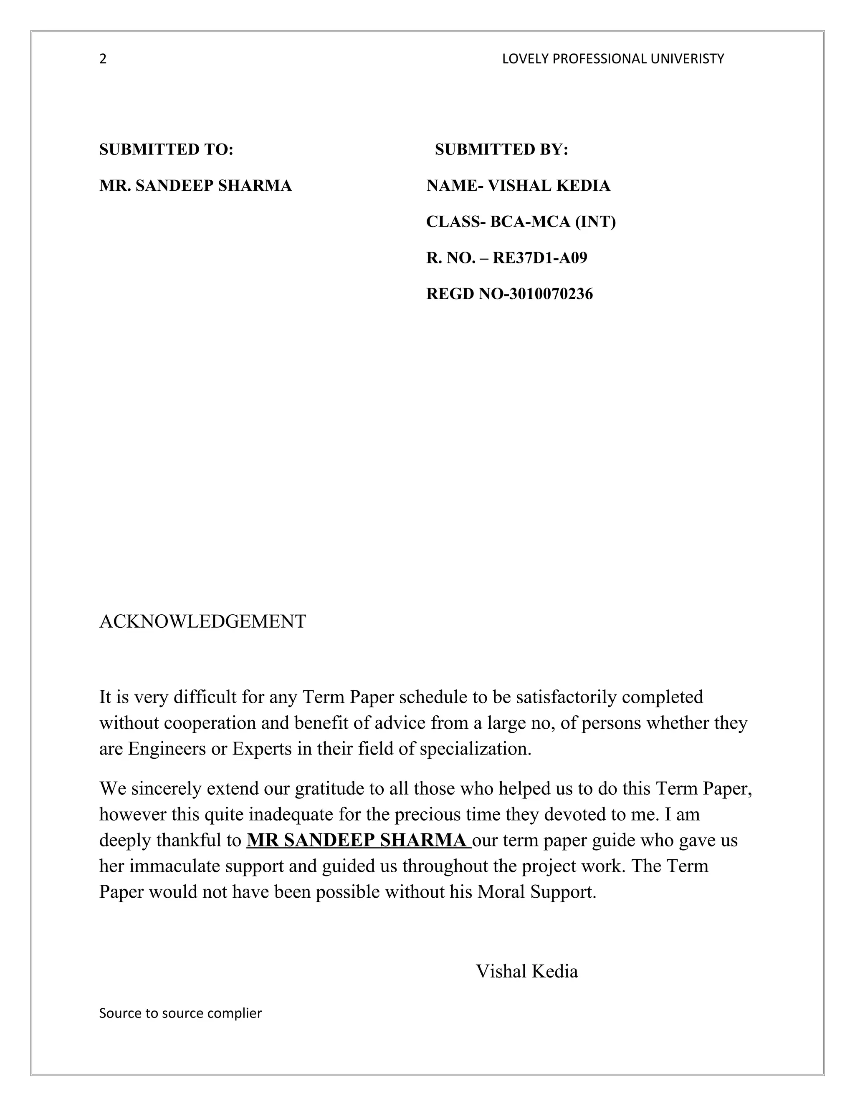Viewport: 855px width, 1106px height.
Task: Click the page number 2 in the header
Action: tap(103, 59)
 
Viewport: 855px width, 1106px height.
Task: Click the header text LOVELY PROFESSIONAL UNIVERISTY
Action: tap(613, 59)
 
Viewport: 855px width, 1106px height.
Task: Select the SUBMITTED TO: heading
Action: tap(166, 149)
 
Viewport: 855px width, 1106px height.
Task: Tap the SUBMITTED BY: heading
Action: tap(501, 149)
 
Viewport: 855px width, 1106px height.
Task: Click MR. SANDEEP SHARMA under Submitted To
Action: tap(195, 186)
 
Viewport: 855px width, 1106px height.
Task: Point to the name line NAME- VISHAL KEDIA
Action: tap(518, 186)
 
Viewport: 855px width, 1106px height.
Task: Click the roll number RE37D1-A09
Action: tap(540, 258)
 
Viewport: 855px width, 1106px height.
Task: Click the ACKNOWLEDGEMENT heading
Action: tap(202, 621)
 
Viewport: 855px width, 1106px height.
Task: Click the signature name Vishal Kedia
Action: tap(527, 971)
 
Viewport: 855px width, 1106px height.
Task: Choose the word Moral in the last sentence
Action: tap(501, 892)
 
